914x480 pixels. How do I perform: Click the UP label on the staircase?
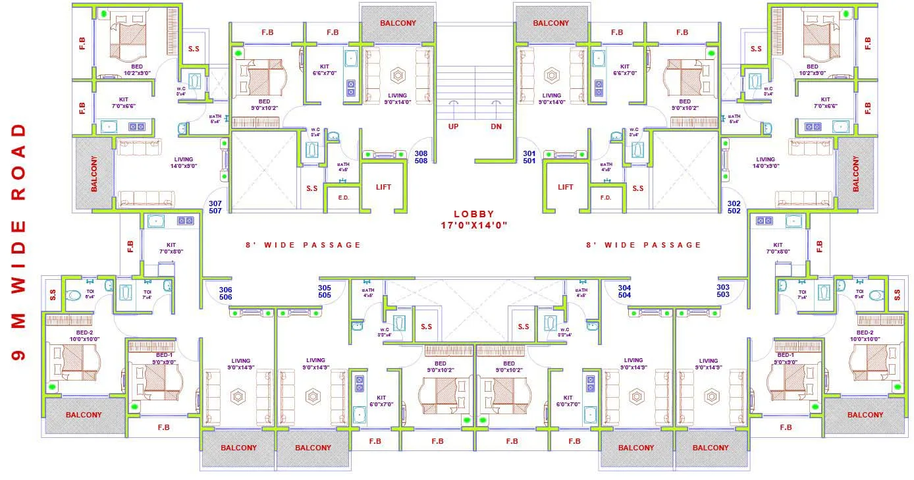point(454,126)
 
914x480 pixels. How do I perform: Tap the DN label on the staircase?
point(496,126)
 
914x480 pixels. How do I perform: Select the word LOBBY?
point(474,214)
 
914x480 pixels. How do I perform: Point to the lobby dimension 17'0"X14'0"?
point(474,225)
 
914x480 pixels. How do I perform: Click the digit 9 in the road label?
point(19,354)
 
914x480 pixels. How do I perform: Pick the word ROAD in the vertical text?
point(19,161)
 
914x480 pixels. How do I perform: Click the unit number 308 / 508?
point(421,157)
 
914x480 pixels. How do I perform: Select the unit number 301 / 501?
point(529,157)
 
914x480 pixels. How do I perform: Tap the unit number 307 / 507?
point(215,207)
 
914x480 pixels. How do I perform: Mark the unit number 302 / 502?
point(734,207)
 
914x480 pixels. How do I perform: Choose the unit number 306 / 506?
point(226,293)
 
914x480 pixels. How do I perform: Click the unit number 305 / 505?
point(325,292)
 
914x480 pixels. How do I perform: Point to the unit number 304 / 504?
point(624,292)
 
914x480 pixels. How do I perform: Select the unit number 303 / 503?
point(723,291)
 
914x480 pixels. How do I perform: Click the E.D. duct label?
point(343,197)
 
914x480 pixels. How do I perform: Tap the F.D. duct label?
point(606,197)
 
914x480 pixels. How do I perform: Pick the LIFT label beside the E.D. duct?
point(383,187)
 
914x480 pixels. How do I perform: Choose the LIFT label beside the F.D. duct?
point(566,187)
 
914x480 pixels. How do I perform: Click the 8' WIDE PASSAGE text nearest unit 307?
point(303,245)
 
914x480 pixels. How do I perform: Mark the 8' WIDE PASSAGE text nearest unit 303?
point(644,245)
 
